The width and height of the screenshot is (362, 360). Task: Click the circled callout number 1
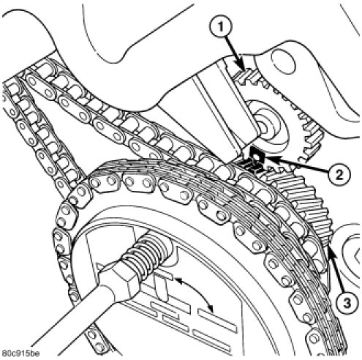coord(220,27)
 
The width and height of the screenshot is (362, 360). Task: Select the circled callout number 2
coord(339,174)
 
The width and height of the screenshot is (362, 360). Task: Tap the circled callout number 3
coord(347,303)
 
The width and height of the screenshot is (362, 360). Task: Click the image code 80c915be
coord(20,353)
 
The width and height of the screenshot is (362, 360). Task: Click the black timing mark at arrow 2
coord(257,156)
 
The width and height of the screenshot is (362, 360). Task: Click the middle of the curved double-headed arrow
coord(200,288)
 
